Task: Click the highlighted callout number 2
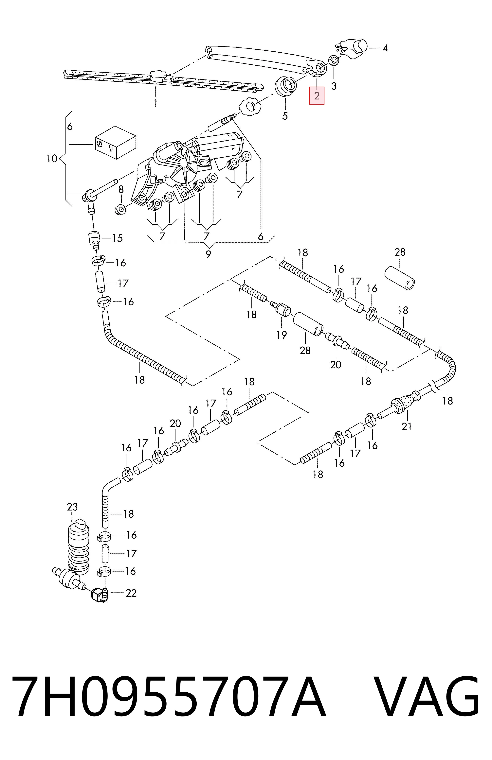point(317,96)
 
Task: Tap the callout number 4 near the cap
point(385,48)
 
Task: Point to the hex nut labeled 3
point(333,60)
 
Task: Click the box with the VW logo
point(115,142)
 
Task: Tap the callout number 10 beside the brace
point(52,158)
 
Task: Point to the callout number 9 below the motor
point(208,254)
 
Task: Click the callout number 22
point(131,593)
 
